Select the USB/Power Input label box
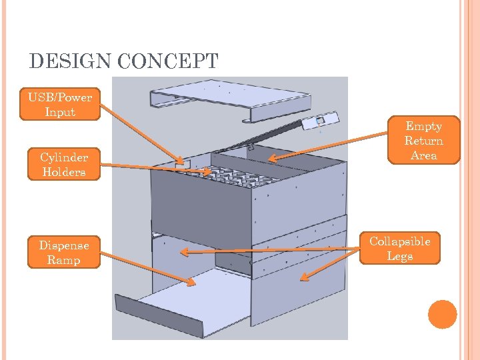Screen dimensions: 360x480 pyautogui.click(x=60, y=105)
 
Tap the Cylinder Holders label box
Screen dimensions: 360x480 pyautogui.click(x=63, y=165)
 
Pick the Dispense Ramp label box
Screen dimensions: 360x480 pyautogui.click(x=63, y=252)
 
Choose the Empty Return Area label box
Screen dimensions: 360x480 pyautogui.click(x=424, y=141)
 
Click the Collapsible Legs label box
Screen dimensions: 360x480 pyautogui.click(x=400, y=249)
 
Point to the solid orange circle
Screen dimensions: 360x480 pyautogui.click(x=443, y=314)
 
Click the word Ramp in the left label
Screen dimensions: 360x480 pyautogui.click(x=63, y=260)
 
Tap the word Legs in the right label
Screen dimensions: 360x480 pyautogui.click(x=400, y=257)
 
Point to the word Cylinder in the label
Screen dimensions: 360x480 pyautogui.click(x=63, y=157)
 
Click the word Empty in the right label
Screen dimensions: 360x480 pyautogui.click(x=424, y=126)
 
